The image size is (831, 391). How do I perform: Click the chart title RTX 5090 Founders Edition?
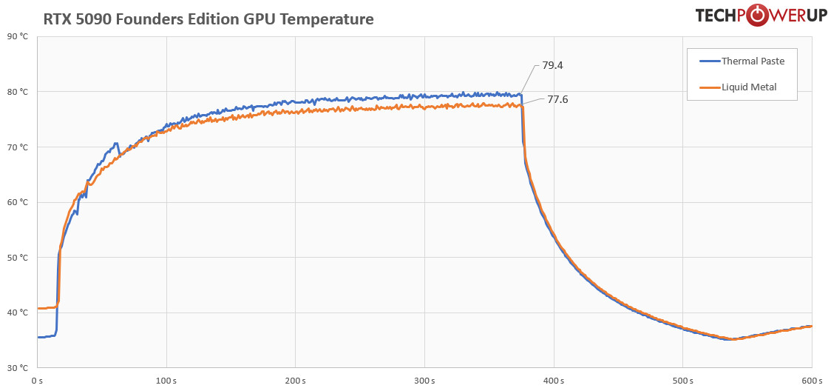pyautogui.click(x=208, y=19)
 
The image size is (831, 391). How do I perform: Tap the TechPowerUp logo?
pyautogui.click(x=761, y=16)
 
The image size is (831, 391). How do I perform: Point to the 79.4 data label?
pyautogui.click(x=552, y=65)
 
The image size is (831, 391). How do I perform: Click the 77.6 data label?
pyautogui.click(x=557, y=99)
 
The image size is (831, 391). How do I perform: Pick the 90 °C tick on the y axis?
pyautogui.click(x=18, y=36)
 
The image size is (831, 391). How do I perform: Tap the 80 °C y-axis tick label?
pyautogui.click(x=18, y=92)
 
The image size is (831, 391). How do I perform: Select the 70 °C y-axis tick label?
pyautogui.click(x=18, y=147)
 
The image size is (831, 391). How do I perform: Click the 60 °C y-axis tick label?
pyautogui.click(x=18, y=202)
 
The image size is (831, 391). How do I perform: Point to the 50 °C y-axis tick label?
pyautogui.click(x=18, y=258)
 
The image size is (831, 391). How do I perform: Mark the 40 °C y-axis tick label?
pyautogui.click(x=18, y=313)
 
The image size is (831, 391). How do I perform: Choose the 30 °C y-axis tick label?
pyautogui.click(x=18, y=368)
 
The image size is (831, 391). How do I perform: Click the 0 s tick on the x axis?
pyautogui.click(x=38, y=381)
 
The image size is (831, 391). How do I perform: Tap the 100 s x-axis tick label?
pyautogui.click(x=166, y=381)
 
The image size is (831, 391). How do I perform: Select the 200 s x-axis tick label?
pyautogui.click(x=296, y=381)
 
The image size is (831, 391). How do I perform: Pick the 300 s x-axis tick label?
pyautogui.click(x=424, y=381)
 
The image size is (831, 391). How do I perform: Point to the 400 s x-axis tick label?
pyautogui.click(x=554, y=381)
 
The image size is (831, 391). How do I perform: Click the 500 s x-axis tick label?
pyautogui.click(x=682, y=381)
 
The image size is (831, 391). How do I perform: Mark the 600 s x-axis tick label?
pyautogui.click(x=811, y=381)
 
